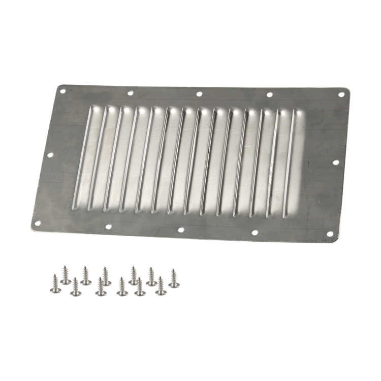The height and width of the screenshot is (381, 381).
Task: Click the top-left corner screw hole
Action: point(63,92)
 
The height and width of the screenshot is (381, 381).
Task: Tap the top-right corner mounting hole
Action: point(341,95)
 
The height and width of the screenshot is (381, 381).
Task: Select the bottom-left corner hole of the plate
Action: point(37,223)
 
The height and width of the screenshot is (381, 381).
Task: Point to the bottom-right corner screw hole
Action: point(330,234)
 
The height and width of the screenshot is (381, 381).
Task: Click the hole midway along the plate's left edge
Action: point(50,155)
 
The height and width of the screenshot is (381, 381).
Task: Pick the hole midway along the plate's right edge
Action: point(336,163)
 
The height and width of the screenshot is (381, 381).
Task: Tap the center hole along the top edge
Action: point(199,93)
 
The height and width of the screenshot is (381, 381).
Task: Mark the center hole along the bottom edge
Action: point(181,230)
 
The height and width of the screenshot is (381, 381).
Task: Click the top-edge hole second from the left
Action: point(130,93)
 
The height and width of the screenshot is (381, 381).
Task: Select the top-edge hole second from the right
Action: point(269,94)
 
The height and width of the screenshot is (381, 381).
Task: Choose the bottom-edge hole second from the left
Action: point(108,227)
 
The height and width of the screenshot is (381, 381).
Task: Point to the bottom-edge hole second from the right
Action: point(255,233)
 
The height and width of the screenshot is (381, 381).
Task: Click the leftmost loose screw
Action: point(55,284)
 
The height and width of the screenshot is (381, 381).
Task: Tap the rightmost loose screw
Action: point(174,279)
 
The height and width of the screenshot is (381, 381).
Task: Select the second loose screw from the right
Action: point(161,286)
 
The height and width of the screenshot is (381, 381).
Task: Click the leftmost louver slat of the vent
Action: point(83,157)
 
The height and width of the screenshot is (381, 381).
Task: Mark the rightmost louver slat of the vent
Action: point(291,163)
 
